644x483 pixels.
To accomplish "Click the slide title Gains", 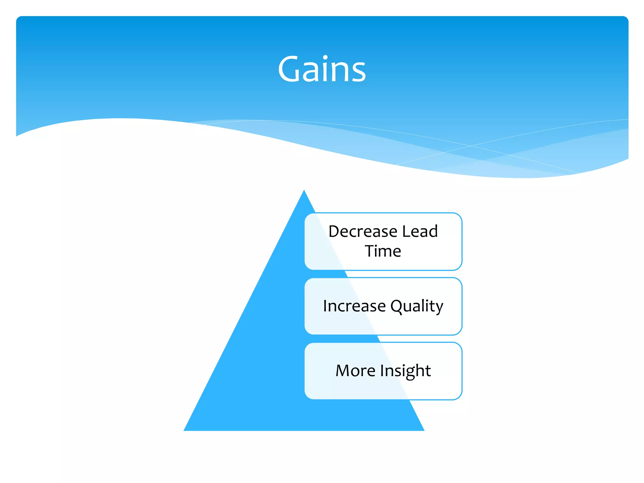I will [x=322, y=69].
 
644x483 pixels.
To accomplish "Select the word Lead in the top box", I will [x=420, y=231].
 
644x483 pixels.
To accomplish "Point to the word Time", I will [x=383, y=251].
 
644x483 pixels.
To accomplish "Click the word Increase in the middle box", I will [x=354, y=306].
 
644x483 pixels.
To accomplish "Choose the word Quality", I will [x=417, y=306].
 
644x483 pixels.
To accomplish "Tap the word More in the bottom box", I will [x=355, y=370].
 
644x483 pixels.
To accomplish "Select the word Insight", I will [x=405, y=370].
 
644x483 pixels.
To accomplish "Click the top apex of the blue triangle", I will [x=304, y=191].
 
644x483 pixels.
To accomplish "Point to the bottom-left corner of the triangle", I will [x=185, y=430].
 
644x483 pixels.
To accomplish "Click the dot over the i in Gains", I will [x=325, y=57].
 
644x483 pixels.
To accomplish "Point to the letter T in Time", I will [x=370, y=251].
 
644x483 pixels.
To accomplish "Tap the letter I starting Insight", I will [x=382, y=370].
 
